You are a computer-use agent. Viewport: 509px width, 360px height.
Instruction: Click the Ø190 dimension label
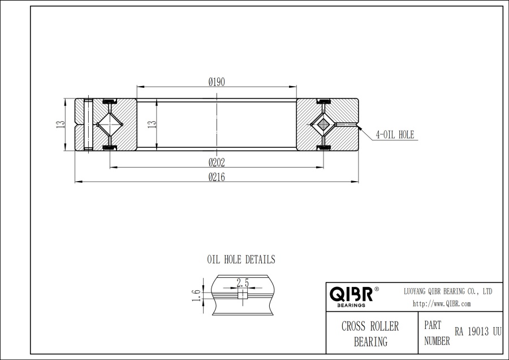point(217,82)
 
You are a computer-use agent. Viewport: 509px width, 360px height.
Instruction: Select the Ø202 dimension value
point(217,162)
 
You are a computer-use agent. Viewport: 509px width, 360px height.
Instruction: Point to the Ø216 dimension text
point(217,177)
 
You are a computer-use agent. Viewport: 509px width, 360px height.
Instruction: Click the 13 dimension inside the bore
point(151,125)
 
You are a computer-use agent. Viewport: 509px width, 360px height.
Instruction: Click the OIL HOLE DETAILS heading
point(241,260)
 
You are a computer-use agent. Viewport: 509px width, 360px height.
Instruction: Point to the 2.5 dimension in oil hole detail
point(243,282)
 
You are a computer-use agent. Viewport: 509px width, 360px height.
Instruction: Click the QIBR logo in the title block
point(351,294)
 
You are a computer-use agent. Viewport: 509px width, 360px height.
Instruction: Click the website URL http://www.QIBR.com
point(442,304)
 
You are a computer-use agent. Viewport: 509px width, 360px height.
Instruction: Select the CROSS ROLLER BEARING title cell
point(370,334)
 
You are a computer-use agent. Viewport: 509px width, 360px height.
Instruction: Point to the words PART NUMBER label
point(437,334)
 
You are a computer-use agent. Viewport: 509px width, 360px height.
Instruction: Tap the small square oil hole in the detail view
point(242,294)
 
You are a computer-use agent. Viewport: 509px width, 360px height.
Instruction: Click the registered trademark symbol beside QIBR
point(377,289)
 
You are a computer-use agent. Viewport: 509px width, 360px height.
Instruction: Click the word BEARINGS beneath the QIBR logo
point(351,305)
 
